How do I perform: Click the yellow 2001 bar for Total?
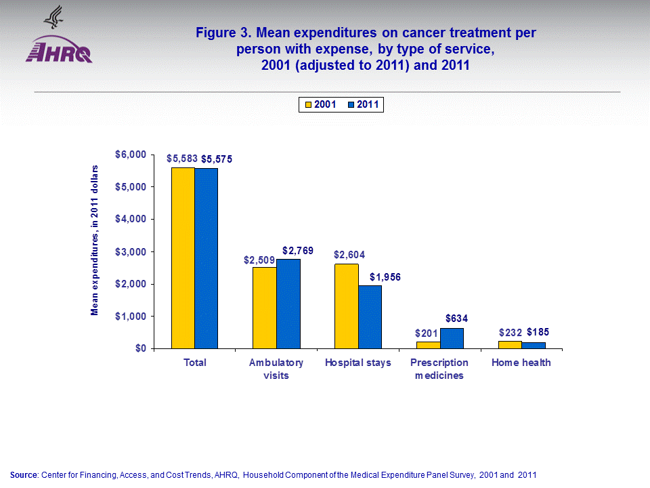point(183,258)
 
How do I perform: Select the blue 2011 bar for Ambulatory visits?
point(288,304)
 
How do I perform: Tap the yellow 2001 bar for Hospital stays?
point(347,306)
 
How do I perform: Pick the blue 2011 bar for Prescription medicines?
point(452,338)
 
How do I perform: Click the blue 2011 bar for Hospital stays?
point(370,317)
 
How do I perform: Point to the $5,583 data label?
point(181,158)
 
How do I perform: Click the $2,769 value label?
point(298,251)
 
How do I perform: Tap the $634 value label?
point(457,319)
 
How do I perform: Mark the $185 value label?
point(538,332)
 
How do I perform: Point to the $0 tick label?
point(139,348)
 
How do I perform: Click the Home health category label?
point(521,363)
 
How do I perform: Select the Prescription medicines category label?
point(439,369)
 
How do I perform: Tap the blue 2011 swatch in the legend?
point(351,104)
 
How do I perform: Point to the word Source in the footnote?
point(24,474)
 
